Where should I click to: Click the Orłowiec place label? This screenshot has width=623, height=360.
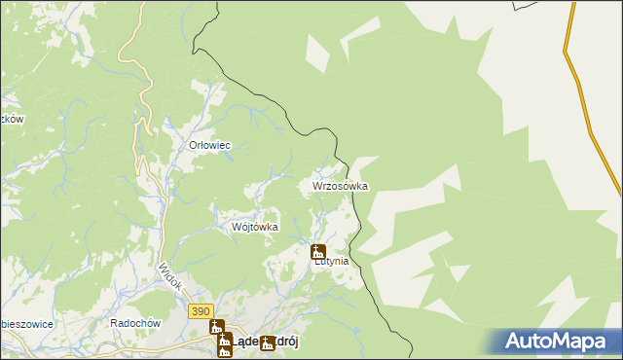pyautogui.click(x=208, y=145)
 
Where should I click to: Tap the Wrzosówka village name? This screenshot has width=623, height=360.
pyautogui.click(x=340, y=185)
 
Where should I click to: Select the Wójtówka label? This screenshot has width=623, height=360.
pyautogui.click(x=255, y=227)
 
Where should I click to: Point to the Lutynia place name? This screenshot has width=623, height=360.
pyautogui.click(x=330, y=262)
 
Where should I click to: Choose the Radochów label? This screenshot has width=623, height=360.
pyautogui.click(x=134, y=323)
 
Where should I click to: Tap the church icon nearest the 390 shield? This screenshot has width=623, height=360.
pyautogui.click(x=216, y=327)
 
